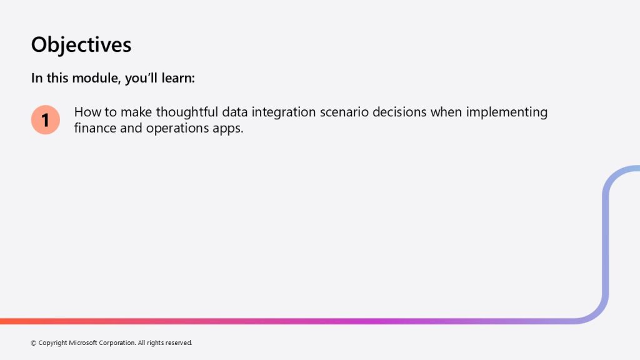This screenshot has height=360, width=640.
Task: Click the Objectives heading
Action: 81,45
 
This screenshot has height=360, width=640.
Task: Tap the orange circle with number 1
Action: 45,119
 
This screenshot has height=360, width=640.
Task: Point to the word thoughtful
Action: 187,112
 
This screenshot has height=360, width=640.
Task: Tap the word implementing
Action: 506,112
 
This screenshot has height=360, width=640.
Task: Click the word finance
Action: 95,127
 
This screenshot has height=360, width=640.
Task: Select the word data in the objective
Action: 235,112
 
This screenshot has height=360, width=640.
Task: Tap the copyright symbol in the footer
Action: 34,343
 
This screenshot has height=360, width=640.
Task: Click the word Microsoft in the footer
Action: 83,343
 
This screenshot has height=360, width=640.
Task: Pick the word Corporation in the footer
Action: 117,343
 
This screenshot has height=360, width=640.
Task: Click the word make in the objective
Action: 136,112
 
